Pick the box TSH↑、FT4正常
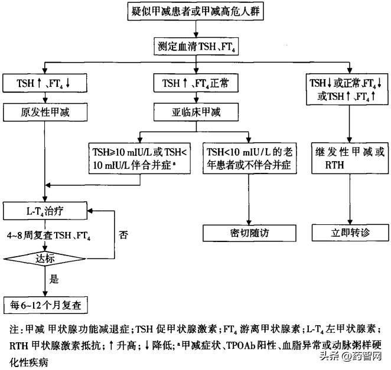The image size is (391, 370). tap(195, 83)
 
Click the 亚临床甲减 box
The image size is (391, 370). tap(195, 112)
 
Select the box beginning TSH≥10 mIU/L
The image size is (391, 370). tap(141, 158)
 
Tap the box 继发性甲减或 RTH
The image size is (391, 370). tap(349, 158)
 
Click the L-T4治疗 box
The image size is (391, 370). tap(45, 208)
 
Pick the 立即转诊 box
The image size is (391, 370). tap(349, 232)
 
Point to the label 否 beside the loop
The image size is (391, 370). tap(123, 234)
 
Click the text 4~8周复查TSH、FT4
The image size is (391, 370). tap(50, 234)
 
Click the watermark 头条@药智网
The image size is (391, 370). tap(350, 356)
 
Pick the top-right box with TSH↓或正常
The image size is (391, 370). tap(349, 88)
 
